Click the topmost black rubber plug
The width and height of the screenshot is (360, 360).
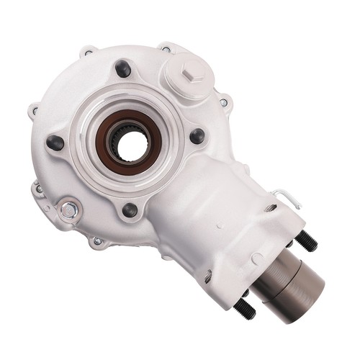122,68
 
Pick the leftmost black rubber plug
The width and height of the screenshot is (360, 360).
55,142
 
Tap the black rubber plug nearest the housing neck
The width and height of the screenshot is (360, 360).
197,135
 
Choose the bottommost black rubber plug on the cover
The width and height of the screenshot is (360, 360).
130,210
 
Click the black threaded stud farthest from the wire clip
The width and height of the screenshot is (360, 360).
245,309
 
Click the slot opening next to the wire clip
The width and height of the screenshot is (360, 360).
271,209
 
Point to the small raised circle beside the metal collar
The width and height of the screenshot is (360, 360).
256,257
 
